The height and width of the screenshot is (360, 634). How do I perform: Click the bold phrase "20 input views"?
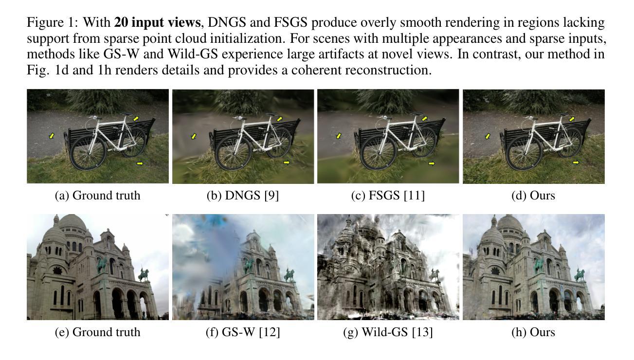(156, 22)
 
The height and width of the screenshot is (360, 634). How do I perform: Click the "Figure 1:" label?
(53, 22)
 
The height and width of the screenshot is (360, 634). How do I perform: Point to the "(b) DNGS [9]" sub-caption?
(243, 196)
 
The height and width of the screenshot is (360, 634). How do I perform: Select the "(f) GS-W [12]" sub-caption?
(243, 332)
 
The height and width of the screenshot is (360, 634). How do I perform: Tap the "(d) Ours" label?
(533, 196)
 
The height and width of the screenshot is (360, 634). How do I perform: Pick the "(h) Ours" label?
(533, 332)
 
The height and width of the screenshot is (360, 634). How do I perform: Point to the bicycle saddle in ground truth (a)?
(126, 114)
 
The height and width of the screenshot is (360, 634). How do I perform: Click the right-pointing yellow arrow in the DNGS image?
(286, 162)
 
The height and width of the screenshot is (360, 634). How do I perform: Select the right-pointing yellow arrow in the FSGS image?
(432, 163)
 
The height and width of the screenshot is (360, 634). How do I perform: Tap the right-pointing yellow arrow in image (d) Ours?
(576, 162)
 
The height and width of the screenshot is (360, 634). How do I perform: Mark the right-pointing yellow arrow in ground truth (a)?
(141, 163)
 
